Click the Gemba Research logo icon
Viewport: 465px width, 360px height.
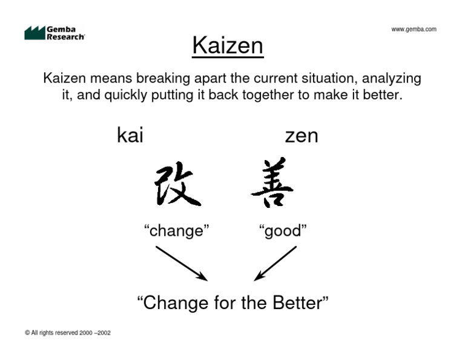click(x=35, y=33)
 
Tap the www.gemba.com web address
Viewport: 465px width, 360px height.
click(x=414, y=29)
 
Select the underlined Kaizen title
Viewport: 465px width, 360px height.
click(x=228, y=46)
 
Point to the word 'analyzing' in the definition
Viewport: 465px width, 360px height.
click(x=392, y=79)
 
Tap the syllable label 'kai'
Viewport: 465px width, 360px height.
click(x=130, y=136)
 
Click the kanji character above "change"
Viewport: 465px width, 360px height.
click(x=177, y=184)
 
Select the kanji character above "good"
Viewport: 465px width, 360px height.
click(x=273, y=183)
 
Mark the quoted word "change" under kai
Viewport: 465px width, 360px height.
click(x=176, y=230)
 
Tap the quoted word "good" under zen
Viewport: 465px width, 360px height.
click(x=283, y=230)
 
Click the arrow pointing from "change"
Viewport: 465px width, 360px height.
click(x=181, y=262)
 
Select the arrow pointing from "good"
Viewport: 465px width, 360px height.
click(x=275, y=262)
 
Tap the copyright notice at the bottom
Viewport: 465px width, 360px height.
click(x=68, y=333)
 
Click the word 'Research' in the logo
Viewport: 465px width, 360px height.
click(x=65, y=36)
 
